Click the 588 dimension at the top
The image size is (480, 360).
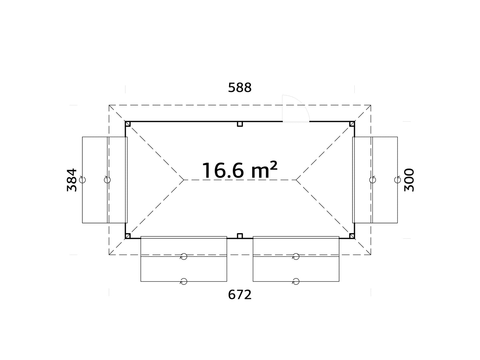click(240, 87)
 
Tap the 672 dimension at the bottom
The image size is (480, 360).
click(240, 295)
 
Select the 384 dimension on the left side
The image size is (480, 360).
click(72, 180)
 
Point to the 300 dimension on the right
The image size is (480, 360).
click(409, 180)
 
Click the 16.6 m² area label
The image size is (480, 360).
click(240, 171)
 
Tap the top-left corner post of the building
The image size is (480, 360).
click(128, 124)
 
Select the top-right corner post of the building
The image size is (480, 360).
click(352, 124)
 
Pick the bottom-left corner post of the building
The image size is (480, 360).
click(128, 236)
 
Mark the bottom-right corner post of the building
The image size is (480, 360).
click(352, 236)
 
